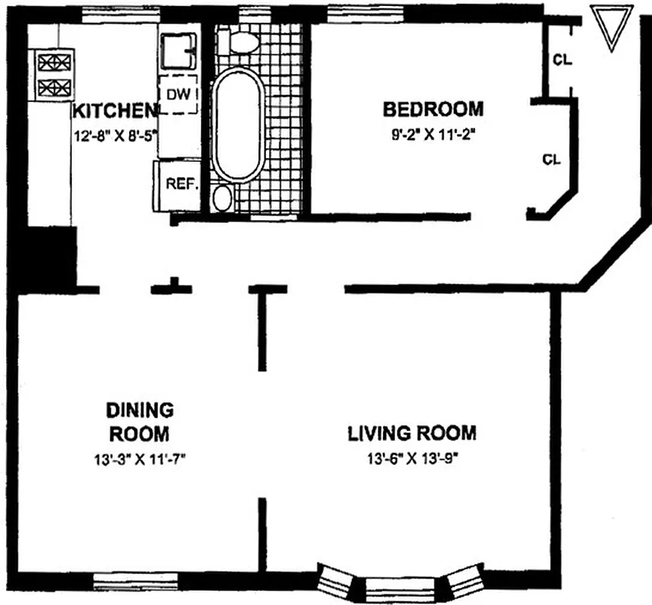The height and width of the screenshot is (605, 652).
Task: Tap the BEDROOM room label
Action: coord(433,109)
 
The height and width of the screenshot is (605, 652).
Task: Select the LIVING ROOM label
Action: coord(412,433)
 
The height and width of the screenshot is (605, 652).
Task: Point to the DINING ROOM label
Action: coord(140,423)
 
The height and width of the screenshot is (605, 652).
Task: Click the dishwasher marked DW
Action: coord(179,94)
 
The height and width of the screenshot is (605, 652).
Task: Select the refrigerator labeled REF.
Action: coord(178,185)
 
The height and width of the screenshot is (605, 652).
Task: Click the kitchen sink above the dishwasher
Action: coord(178,51)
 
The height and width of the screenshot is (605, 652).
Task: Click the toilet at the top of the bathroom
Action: coord(243,41)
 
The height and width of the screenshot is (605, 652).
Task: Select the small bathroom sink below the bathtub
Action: coord(223,198)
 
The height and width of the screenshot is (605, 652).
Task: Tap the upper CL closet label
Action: coord(561,60)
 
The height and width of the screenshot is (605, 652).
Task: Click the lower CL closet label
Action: coord(552,160)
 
